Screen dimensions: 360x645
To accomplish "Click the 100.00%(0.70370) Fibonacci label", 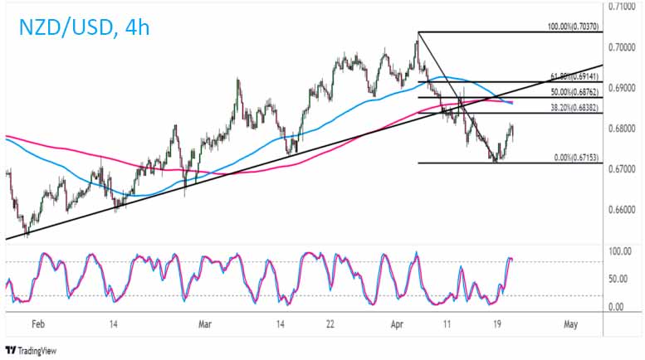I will click(x=582, y=27).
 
